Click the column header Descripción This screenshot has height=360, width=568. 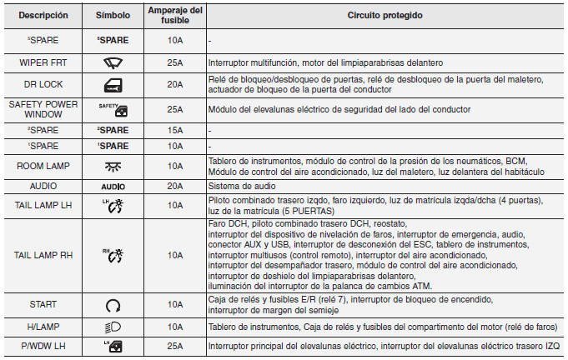[x=43, y=16]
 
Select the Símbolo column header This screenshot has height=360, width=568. [x=113, y=16]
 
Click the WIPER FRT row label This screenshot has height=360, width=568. [x=43, y=62]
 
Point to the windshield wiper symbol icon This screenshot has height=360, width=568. [x=113, y=62]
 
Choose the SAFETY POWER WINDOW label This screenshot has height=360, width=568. [x=43, y=109]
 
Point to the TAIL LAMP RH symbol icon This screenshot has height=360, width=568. [x=113, y=257]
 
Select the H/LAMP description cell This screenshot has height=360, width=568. [x=43, y=327]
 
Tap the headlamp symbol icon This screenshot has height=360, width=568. [x=113, y=327]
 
